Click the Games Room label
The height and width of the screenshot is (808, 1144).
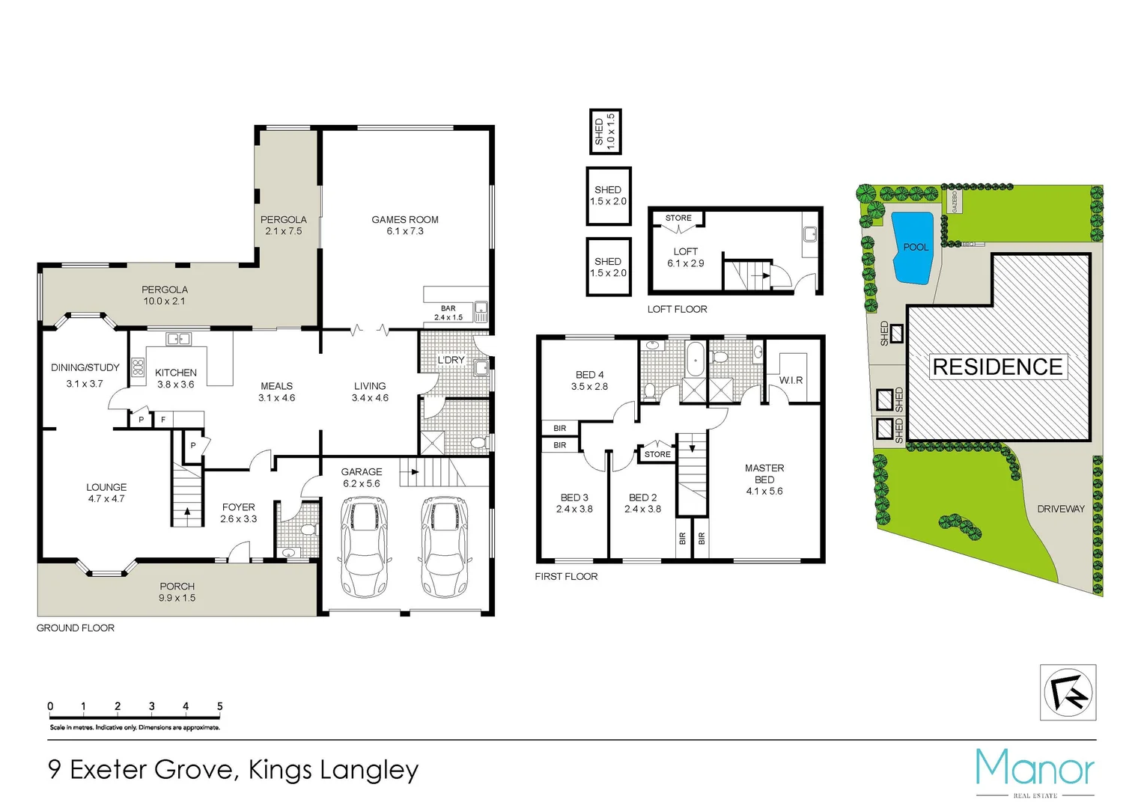point(405,220)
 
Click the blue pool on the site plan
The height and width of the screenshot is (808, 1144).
point(913,248)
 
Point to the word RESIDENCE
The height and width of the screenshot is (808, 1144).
point(997,367)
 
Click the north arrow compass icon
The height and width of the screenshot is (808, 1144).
point(1068,693)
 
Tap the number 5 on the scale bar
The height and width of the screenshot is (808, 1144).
point(219,706)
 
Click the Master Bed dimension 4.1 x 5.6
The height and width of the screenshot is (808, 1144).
point(764,492)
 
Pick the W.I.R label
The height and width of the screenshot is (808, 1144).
point(791,380)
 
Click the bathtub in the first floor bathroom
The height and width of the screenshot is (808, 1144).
point(695,359)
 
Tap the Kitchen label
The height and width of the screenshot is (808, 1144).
point(176,373)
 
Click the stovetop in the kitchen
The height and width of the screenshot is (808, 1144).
point(138,367)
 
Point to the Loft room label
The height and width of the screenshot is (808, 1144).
point(685,252)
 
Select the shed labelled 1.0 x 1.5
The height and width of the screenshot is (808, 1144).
point(604,132)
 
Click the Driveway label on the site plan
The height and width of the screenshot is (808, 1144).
point(1060,509)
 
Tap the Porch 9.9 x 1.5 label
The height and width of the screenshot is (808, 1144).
point(177,592)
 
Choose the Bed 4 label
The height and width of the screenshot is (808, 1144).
point(589,375)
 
